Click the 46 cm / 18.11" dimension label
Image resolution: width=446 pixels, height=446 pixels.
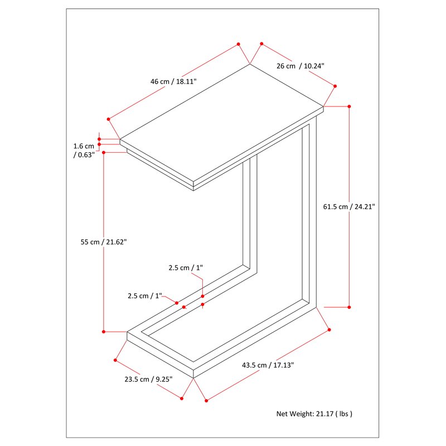173,81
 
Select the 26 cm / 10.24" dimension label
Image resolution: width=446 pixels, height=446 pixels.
300,66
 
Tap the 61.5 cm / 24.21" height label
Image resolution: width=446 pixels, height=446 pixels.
349,207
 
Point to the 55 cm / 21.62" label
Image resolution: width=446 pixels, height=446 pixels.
104,242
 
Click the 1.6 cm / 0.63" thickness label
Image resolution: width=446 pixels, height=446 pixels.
84,151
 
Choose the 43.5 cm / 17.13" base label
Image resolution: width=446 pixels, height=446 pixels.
268,365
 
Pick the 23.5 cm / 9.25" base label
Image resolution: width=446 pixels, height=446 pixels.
148,380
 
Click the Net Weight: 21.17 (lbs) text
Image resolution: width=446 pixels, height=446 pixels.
314,414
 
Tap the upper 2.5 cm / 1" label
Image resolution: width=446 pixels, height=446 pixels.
186,268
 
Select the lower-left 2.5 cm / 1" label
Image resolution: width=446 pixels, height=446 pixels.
145,296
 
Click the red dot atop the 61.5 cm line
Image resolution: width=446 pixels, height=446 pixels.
350,106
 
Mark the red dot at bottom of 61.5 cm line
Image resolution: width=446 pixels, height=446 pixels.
350,307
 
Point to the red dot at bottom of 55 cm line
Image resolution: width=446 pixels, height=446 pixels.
104,332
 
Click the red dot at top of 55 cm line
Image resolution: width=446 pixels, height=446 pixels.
104,153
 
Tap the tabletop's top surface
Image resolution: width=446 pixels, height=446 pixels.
221,123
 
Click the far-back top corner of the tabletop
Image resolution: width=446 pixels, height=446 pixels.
250,64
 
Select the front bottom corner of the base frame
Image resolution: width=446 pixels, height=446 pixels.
193,378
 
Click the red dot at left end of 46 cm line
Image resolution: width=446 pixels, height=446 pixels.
108,119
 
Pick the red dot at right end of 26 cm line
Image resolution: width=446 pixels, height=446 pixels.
335,86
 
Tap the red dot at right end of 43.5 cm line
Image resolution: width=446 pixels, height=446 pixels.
329,329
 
